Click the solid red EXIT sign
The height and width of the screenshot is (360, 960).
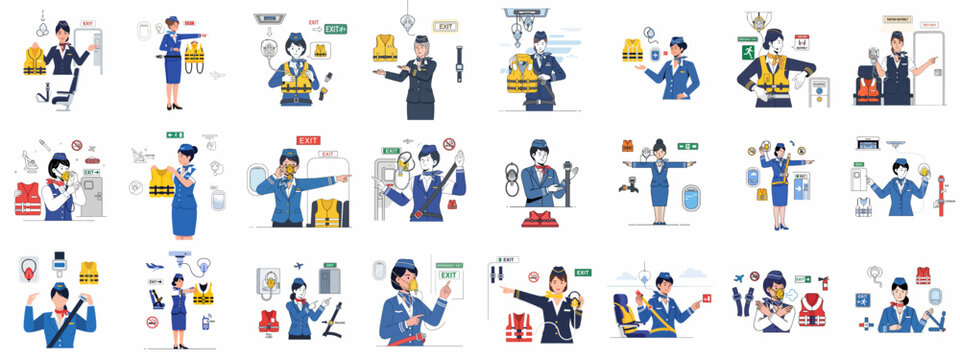308,141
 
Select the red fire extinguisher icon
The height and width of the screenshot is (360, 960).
824,283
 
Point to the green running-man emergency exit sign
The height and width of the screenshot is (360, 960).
747,52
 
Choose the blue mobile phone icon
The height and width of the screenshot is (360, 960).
206,322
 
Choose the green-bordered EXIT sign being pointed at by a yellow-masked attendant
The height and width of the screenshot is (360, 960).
449,274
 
